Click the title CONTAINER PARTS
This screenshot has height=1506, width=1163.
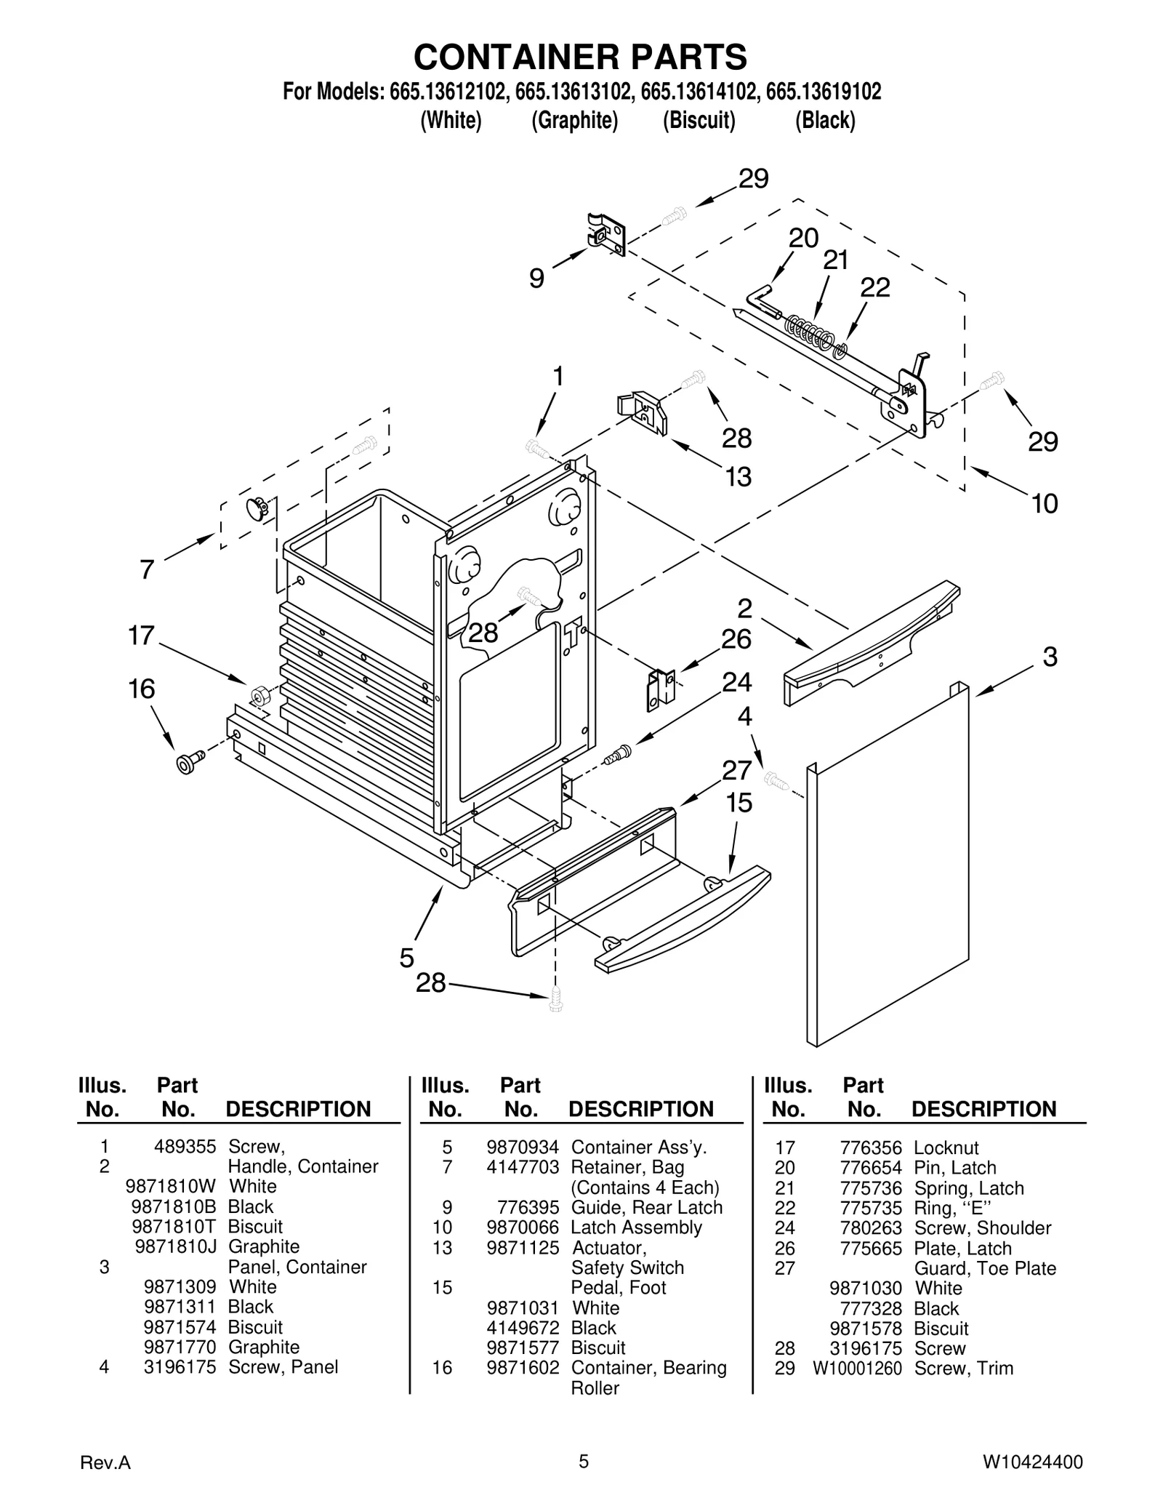point(580,57)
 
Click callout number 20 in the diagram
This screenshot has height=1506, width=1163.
point(803,239)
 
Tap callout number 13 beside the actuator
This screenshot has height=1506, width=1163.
point(738,477)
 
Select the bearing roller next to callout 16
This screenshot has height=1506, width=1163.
point(190,763)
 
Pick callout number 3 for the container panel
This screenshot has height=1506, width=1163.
point(1050,657)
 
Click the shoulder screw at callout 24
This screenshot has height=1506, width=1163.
point(616,754)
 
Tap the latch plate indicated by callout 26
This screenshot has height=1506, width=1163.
point(660,689)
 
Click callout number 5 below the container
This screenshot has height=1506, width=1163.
point(407,958)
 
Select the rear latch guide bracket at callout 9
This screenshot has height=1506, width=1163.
point(605,234)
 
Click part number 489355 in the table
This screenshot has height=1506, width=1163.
point(185,1147)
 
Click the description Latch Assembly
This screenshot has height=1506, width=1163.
point(636,1227)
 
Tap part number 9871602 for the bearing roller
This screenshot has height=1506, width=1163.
point(523,1367)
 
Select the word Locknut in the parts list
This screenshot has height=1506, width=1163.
point(946,1147)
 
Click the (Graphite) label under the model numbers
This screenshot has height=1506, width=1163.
point(574,120)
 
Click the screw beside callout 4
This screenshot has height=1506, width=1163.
point(776,781)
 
